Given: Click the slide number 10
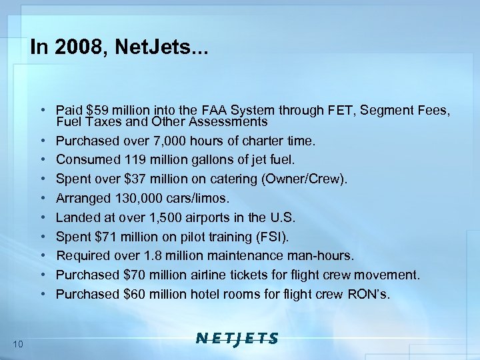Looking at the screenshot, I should point(18,344).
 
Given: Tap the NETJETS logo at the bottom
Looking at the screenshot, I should point(237,338).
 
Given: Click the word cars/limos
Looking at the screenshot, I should point(199,199).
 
